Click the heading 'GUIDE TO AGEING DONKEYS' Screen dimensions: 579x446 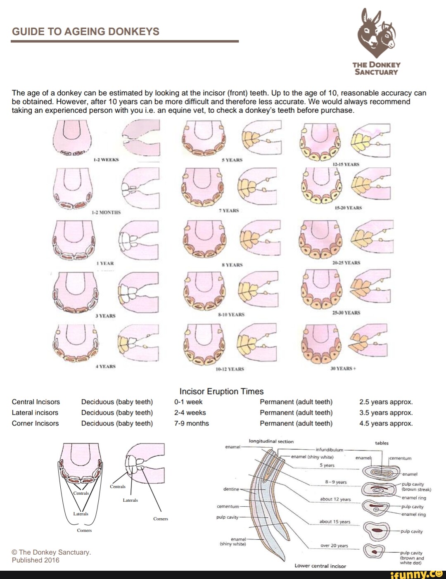85,32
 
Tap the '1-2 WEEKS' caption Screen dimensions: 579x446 106,159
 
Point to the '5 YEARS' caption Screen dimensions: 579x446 232,160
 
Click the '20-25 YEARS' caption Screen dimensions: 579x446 346,263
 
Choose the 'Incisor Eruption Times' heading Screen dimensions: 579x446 221,392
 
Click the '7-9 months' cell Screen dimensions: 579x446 191,423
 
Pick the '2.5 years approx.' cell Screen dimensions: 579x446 386,402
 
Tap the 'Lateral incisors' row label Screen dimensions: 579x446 35,413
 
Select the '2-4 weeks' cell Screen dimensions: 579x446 190,413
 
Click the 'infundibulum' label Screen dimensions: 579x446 329,450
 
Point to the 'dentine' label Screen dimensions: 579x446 231,489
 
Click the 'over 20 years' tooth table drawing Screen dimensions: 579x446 375,551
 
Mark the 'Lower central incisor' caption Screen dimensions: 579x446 320,566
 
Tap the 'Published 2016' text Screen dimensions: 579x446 36,560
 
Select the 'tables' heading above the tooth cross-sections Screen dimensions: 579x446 382,443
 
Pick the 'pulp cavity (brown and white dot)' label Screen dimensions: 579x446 411,558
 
